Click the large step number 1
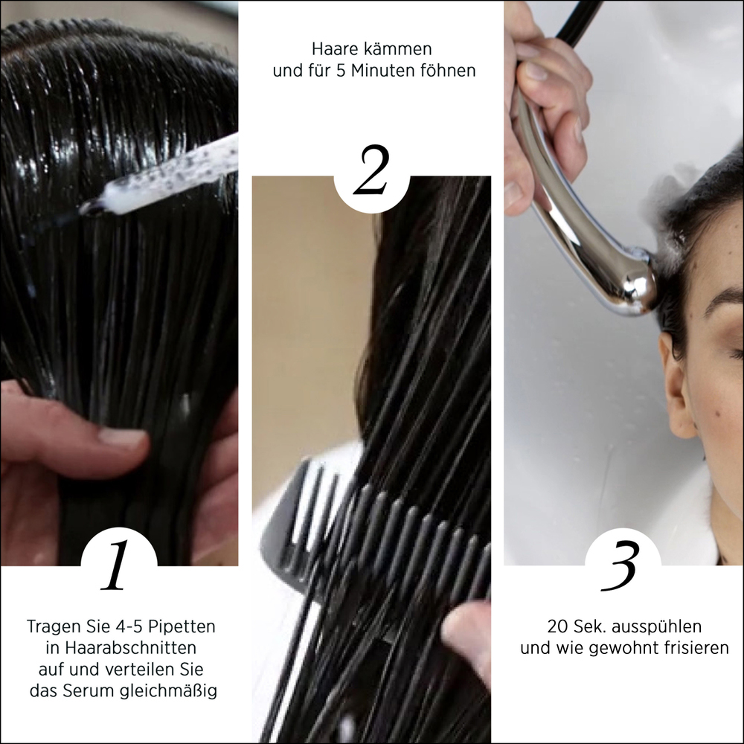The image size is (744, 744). coord(116,564)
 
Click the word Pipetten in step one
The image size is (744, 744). coord(182,626)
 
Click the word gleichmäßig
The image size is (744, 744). coord(168,691)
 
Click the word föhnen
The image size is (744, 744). coord(448,70)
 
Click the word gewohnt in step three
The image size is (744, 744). coord(621,649)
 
